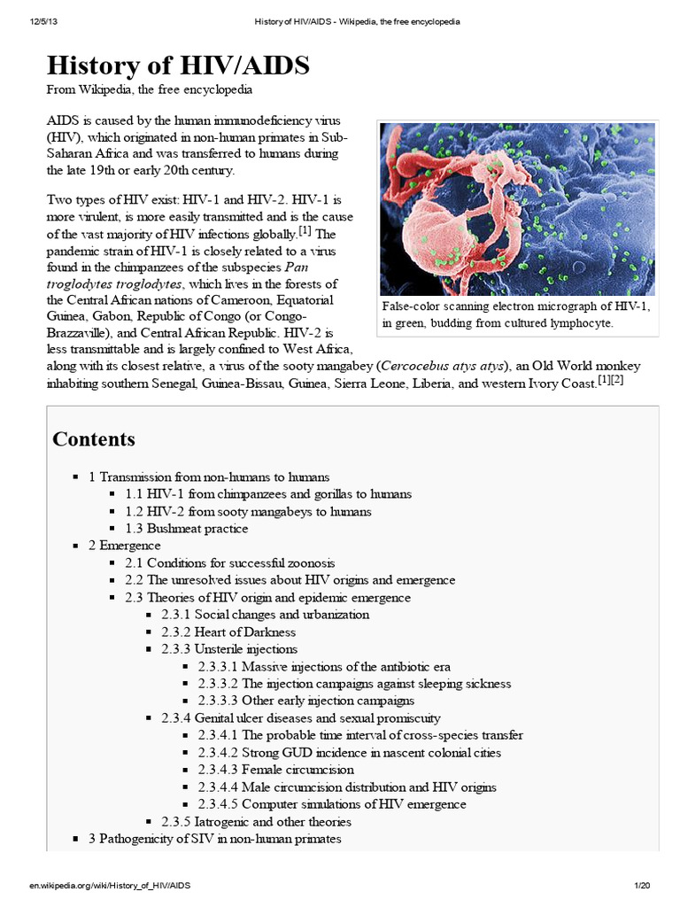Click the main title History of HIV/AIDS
[x=178, y=66]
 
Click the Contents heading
[x=94, y=439]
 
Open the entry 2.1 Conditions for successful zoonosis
[x=238, y=563]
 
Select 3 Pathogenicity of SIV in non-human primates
[x=214, y=838]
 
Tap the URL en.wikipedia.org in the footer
[x=109, y=886]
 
